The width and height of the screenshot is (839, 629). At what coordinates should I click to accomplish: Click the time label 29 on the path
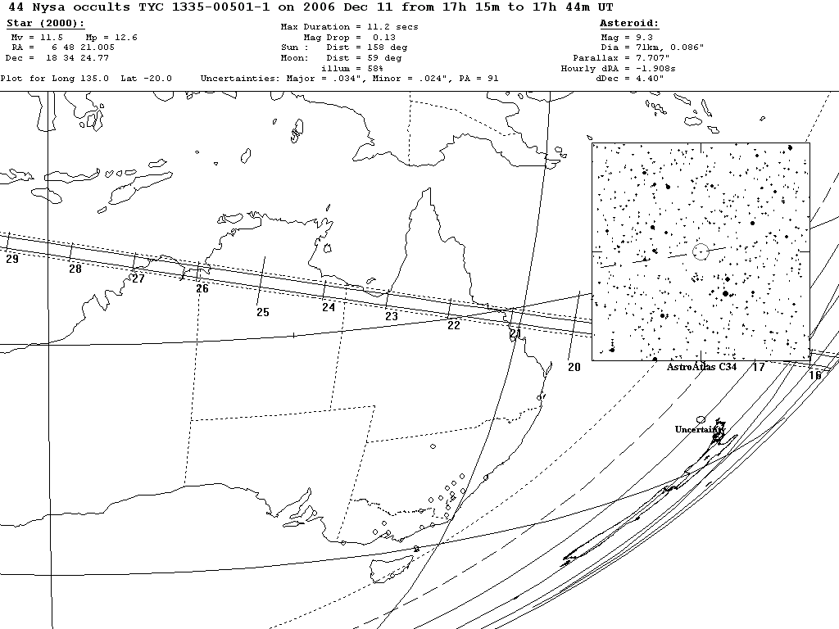[11, 260]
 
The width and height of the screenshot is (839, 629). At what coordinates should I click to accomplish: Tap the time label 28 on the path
[75, 269]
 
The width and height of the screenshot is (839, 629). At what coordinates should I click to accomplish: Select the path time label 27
[138, 278]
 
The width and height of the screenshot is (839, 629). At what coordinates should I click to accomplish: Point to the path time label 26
[202, 288]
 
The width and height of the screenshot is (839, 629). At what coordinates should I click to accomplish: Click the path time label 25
[262, 312]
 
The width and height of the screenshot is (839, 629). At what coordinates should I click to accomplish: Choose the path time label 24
[329, 307]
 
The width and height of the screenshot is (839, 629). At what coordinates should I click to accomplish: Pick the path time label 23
[392, 317]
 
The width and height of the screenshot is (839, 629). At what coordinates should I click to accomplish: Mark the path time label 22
[454, 325]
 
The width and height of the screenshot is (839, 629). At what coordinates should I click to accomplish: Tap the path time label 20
[574, 367]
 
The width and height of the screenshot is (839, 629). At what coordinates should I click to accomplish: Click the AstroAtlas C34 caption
[701, 367]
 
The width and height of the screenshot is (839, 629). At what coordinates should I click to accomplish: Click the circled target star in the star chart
[700, 251]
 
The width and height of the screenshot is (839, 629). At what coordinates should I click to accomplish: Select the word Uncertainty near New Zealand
[700, 429]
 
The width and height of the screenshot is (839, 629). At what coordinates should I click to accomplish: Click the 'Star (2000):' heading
[45, 24]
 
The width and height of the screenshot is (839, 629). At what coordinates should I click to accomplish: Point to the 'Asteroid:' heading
[629, 24]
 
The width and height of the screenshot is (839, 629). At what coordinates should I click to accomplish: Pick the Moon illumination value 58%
[375, 69]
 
